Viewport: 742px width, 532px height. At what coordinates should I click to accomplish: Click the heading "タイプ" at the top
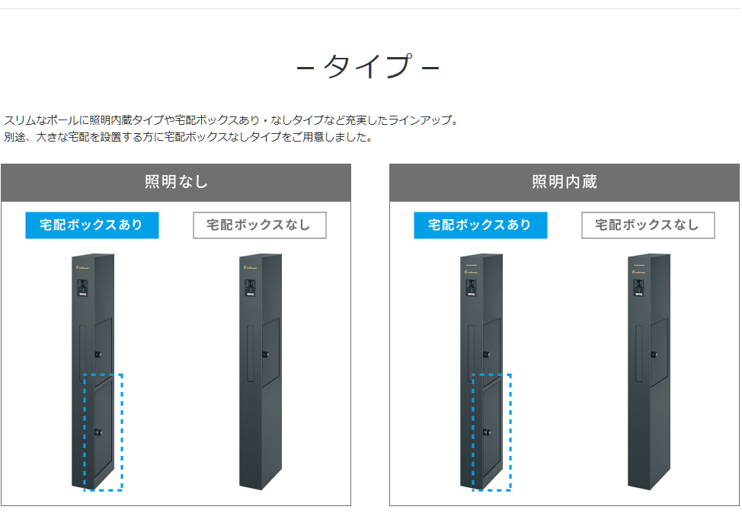pyautogui.click(x=368, y=67)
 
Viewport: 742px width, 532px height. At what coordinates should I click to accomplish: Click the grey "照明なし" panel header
pyautogui.click(x=176, y=182)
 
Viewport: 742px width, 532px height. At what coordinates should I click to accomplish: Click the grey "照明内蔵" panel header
pyautogui.click(x=564, y=182)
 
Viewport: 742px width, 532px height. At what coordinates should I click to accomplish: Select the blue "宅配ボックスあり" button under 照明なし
pyautogui.click(x=92, y=225)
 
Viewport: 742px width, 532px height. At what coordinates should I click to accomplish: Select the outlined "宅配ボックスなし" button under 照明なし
pyautogui.click(x=260, y=225)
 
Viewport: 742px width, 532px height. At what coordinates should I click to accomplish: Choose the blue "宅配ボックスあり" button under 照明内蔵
pyautogui.click(x=481, y=225)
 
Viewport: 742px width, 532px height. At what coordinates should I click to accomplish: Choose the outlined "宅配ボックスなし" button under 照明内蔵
pyautogui.click(x=648, y=225)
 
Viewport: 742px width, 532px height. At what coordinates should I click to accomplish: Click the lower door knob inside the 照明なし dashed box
pyautogui.click(x=98, y=432)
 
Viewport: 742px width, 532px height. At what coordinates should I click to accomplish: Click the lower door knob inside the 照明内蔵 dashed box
pyautogui.click(x=486, y=432)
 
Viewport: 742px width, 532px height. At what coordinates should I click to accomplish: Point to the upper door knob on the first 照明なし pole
pyautogui.click(x=98, y=354)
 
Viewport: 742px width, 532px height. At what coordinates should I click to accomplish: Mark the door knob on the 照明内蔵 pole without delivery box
pyautogui.click(x=653, y=354)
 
